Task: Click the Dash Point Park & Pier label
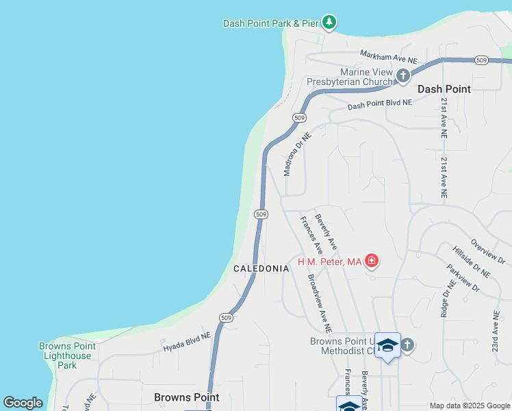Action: (x=271, y=23)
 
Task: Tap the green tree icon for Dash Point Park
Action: (x=329, y=23)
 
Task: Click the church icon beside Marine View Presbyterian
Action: (x=403, y=75)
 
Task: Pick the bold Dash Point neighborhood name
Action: (x=444, y=89)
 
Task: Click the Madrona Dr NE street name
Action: (x=298, y=154)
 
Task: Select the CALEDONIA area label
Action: (x=261, y=269)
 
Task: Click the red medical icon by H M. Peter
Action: (x=372, y=260)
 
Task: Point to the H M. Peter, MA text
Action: (x=329, y=262)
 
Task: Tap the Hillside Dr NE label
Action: (x=471, y=262)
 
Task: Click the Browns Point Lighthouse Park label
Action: (x=67, y=356)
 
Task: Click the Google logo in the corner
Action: (x=23, y=403)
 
